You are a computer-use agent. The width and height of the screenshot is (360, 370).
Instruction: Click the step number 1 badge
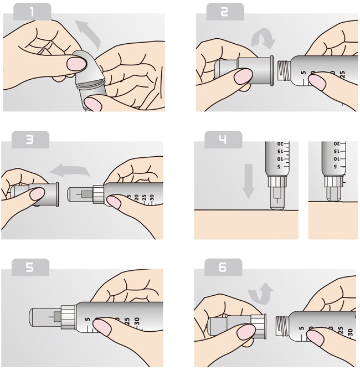[32, 12]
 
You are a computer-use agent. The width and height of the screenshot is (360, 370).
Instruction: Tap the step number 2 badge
[225, 12]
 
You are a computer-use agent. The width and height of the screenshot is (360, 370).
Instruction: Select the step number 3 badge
[30, 140]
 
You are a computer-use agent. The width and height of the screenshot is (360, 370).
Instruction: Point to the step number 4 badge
[223, 140]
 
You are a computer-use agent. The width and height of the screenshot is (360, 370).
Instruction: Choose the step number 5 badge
[30, 268]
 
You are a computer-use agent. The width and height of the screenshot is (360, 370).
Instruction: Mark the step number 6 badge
[223, 268]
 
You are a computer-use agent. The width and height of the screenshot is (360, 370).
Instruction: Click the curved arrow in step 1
[89, 33]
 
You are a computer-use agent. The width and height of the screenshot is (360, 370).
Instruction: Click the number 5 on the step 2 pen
[303, 73]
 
